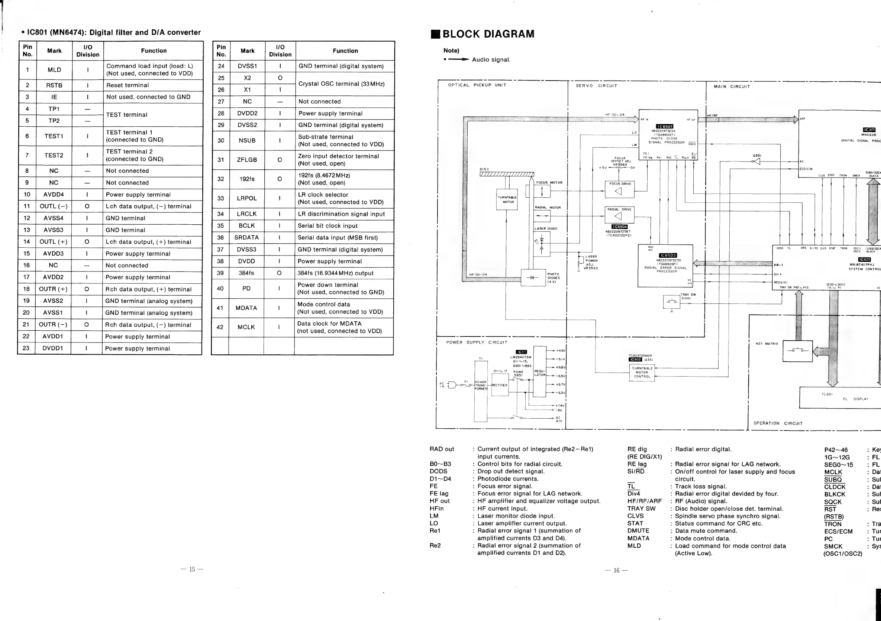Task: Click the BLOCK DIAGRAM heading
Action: tap(488, 34)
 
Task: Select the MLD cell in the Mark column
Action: tap(54, 70)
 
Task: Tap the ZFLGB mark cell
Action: tap(247, 160)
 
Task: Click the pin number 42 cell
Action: tap(220, 327)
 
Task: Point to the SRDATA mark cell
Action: tap(246, 238)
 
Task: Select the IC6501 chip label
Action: tap(665, 127)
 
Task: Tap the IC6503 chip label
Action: tap(668, 255)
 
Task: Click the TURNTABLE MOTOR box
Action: tap(507, 199)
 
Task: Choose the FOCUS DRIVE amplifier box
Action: tap(619, 190)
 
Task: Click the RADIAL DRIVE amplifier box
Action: tap(619, 215)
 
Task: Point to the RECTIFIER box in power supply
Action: tap(500, 385)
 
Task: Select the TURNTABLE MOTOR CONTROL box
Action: tap(642, 372)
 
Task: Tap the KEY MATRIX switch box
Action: tap(797, 351)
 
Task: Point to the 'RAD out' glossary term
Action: tap(442, 449)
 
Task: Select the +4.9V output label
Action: tap(561, 350)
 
